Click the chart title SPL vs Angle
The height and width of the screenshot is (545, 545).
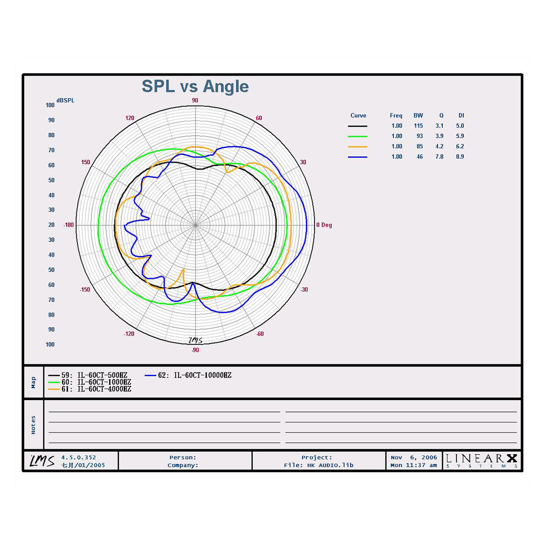tap(195, 87)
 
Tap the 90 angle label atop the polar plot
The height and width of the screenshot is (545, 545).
tap(195, 101)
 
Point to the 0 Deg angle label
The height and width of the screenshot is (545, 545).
tap(324, 225)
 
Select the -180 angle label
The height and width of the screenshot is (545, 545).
tap(68, 225)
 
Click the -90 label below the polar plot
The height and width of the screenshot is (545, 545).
tap(195, 350)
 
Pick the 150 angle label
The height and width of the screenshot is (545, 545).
tap(85, 162)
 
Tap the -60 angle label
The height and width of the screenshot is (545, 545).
tap(260, 334)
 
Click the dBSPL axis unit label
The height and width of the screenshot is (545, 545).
tap(66, 101)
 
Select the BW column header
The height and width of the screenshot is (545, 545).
tap(418, 115)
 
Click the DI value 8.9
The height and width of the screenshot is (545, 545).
tap(460, 156)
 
